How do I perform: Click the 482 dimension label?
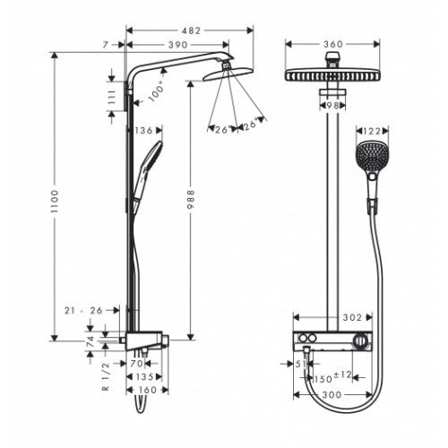[x=192, y=30]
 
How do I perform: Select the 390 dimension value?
[x=178, y=45]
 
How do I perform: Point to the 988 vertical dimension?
[x=191, y=200]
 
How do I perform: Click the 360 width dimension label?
[x=333, y=45]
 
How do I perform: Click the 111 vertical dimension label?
[x=113, y=97]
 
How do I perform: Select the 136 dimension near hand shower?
[x=144, y=131]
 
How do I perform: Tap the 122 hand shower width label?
[x=372, y=131]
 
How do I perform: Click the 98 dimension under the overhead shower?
[x=332, y=106]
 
